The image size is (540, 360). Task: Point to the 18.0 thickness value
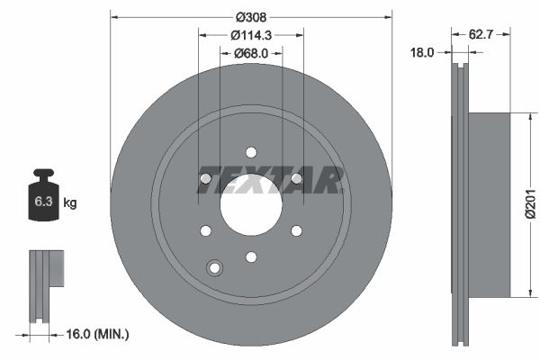(424, 53)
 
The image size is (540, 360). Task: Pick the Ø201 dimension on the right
(530, 204)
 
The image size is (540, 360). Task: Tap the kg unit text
(70, 203)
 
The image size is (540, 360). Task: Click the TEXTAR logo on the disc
(270, 181)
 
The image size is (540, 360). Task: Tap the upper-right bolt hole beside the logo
(296, 178)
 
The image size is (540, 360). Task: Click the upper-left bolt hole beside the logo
(205, 178)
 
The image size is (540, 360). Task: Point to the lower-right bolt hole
(296, 230)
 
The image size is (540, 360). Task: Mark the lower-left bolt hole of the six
(205, 230)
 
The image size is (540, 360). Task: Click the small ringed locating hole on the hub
(214, 267)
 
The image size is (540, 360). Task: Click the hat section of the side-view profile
(490, 204)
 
